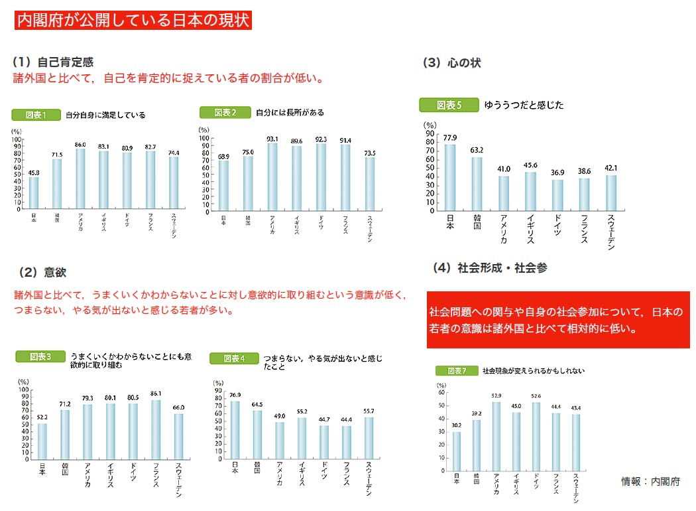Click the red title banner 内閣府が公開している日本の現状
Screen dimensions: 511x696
[133, 20]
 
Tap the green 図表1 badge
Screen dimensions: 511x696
[36, 114]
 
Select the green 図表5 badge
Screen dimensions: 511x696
[449, 105]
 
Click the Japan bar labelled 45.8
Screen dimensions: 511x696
[34, 193]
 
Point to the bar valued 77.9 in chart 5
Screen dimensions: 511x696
[450, 177]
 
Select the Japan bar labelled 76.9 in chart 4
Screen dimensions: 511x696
[234, 430]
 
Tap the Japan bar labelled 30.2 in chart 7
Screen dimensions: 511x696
[456, 451]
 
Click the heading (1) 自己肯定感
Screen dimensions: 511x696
[53, 62]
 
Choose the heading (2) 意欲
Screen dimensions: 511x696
[43, 272]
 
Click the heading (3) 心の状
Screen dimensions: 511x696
[451, 63]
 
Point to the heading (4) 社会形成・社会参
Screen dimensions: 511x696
[490, 268]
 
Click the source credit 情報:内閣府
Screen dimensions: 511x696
[650, 481]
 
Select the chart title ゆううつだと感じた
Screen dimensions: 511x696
[524, 105]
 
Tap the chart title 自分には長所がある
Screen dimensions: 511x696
[290, 113]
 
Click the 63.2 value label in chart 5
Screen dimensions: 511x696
[477, 149]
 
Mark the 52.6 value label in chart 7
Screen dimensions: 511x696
[536, 396]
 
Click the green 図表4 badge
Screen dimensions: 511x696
[234, 358]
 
